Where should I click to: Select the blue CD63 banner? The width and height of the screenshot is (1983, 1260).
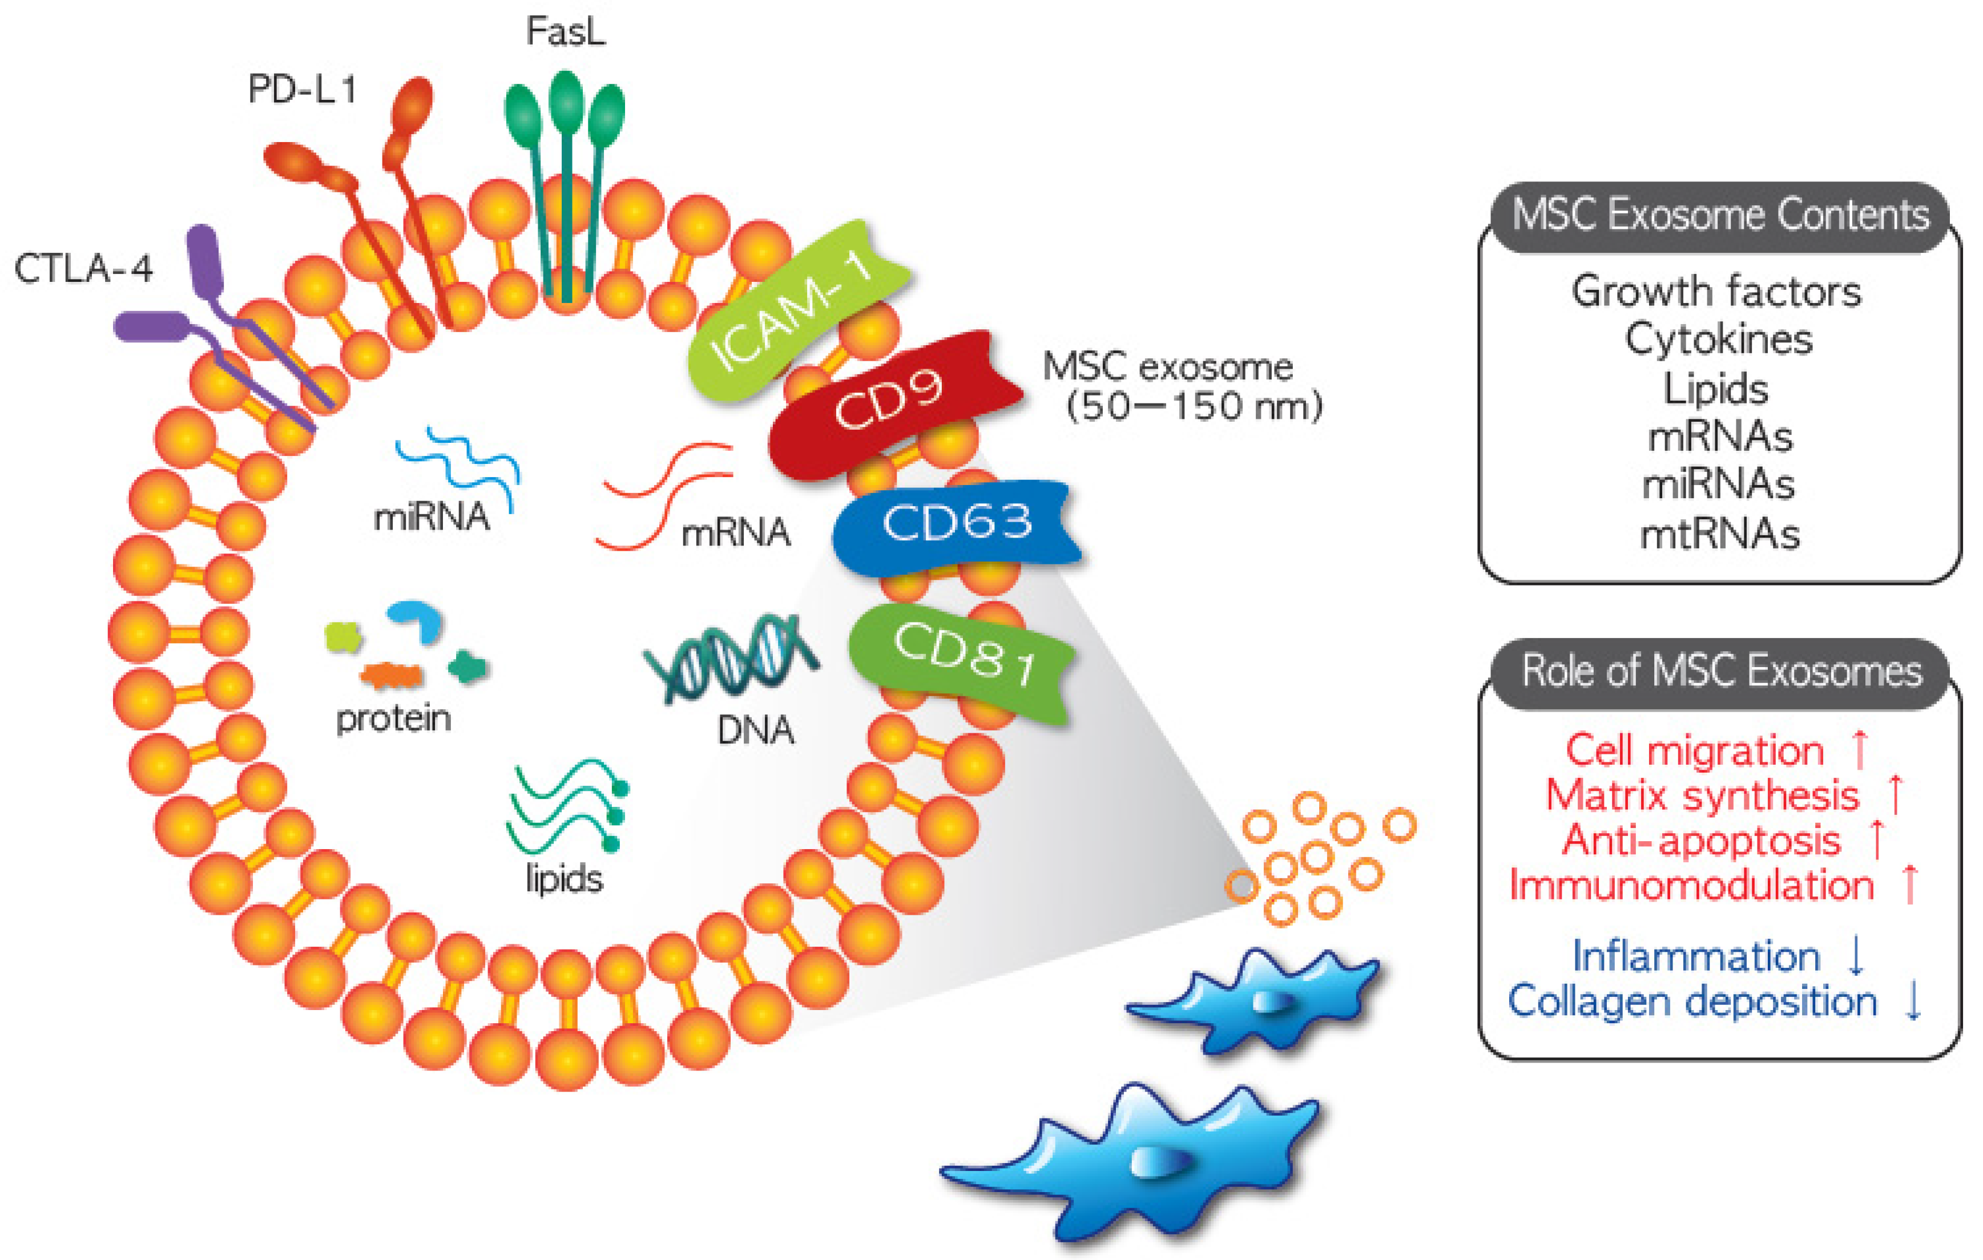[x=956, y=524]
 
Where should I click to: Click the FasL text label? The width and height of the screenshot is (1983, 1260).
[x=566, y=33]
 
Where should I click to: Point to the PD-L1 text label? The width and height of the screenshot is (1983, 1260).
[x=302, y=89]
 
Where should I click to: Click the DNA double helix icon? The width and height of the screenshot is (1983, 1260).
[x=731, y=659]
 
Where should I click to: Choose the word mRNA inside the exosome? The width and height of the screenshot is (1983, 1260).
[x=735, y=533]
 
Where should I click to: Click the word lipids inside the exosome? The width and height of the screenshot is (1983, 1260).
[x=564, y=879]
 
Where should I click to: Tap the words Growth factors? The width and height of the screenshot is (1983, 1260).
[x=1716, y=292]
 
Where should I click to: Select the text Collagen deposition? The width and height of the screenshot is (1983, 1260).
[x=1692, y=1001]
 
